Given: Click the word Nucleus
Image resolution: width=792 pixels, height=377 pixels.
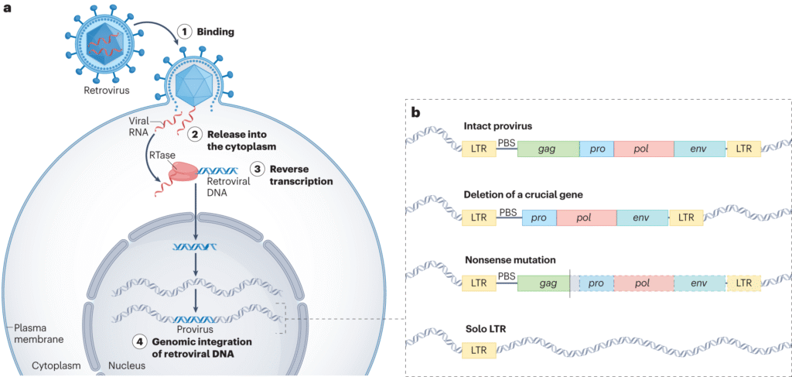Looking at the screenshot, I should click(x=126, y=364).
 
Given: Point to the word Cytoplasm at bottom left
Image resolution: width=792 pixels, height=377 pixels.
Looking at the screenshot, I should click(x=56, y=364).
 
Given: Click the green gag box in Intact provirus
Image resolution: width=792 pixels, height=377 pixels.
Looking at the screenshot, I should click(x=548, y=149).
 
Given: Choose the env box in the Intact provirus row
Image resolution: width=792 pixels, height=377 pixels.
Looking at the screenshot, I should click(x=699, y=149).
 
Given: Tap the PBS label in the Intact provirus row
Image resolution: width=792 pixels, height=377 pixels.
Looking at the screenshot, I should click(x=507, y=142).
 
